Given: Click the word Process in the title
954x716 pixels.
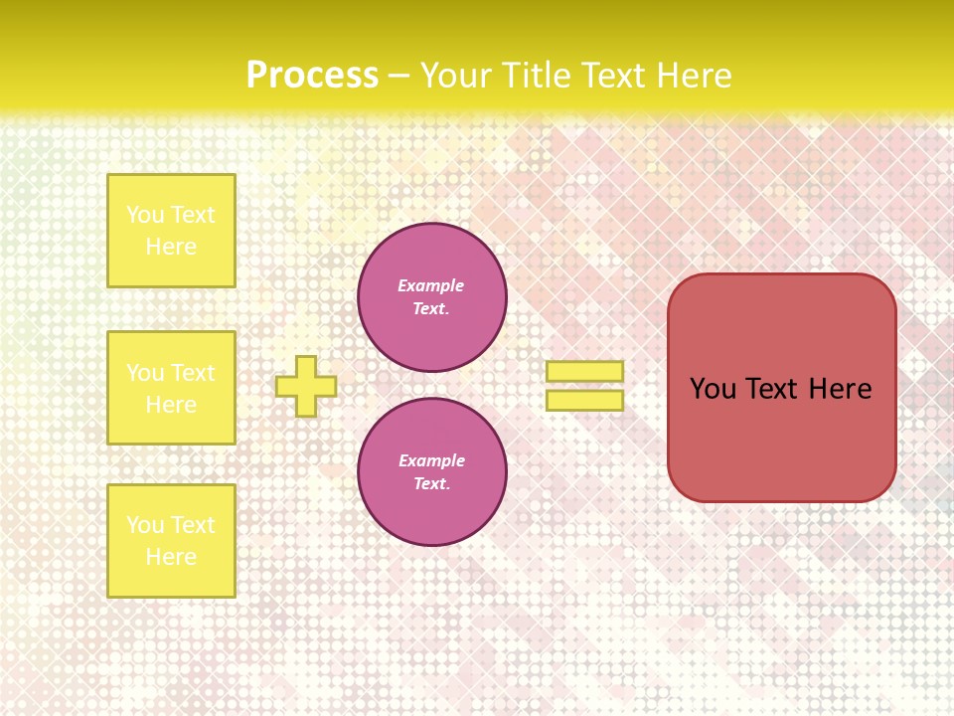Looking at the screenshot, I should pyautogui.click(x=312, y=75).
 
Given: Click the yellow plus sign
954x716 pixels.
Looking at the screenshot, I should pyautogui.click(x=306, y=386).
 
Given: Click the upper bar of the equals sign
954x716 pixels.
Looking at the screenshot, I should pyautogui.click(x=584, y=371).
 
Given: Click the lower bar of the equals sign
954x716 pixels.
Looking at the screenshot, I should pyautogui.click(x=584, y=401).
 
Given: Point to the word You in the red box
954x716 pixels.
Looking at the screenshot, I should pyautogui.click(x=712, y=389).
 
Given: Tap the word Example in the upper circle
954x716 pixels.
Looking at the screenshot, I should pyautogui.click(x=431, y=285).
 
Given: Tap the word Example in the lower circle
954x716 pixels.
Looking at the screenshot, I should pyautogui.click(x=431, y=460).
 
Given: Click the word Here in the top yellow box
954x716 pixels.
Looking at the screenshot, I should pyautogui.click(x=171, y=247).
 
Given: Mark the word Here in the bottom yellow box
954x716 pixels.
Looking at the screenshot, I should pyautogui.click(x=171, y=557).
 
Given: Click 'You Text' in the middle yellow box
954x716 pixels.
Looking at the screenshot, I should pyautogui.click(x=171, y=373).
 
